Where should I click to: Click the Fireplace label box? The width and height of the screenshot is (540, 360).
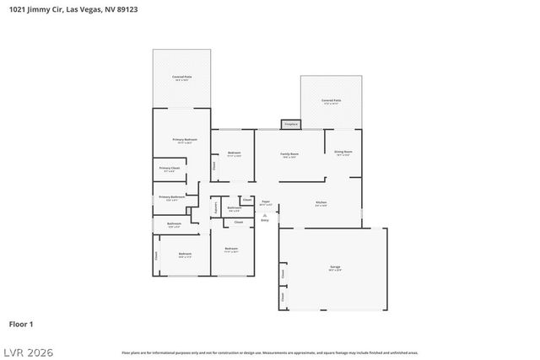[290, 124]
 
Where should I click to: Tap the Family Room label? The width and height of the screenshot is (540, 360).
[289, 155]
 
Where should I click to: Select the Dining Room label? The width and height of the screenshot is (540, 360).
[343, 153]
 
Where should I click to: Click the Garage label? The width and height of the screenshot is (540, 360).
[335, 268]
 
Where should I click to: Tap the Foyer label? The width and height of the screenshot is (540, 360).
[265, 202]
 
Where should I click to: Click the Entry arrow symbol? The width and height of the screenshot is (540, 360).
[265, 213]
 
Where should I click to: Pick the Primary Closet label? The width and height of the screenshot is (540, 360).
[169, 169]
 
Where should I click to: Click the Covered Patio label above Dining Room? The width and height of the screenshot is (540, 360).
[330, 100]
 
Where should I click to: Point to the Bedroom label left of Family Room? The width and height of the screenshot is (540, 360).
[235, 153]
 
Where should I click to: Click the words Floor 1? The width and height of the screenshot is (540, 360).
[20, 324]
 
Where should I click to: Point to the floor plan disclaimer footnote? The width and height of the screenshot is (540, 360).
[269, 352]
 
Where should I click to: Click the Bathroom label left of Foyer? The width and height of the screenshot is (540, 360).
[235, 208]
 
